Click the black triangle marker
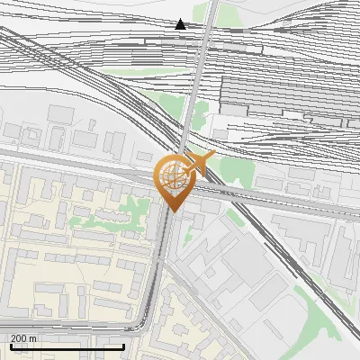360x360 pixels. (181, 24)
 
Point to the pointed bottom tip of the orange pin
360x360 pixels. (172, 211)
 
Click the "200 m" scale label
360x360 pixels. (23, 338)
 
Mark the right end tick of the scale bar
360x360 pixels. (123, 346)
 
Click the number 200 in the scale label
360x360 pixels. (19, 338)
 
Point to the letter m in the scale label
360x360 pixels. (32, 338)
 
